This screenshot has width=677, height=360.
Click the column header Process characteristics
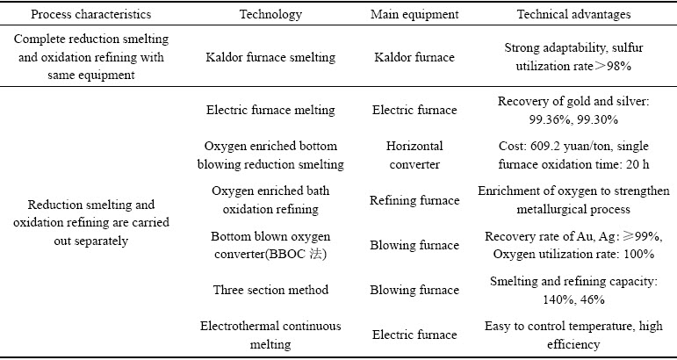tap(91, 14)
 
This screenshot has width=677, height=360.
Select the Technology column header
tap(270, 14)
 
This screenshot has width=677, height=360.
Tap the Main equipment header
tap(414, 14)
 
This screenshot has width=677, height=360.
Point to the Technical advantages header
tap(573, 14)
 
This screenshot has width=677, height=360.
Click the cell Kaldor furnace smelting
tap(270, 57)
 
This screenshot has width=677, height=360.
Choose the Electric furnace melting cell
tap(270, 110)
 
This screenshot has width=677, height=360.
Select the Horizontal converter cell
tap(414, 155)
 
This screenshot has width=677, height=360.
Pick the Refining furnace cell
tap(414, 200)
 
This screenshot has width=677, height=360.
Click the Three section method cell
tap(270, 289)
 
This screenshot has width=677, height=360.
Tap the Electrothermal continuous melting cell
tap(270, 335)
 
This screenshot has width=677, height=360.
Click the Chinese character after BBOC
tap(316, 254)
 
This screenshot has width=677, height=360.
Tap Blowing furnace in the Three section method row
tap(414, 290)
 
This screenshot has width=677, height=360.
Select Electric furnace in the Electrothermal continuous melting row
tap(414, 335)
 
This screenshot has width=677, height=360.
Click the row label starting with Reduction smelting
tap(91, 222)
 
